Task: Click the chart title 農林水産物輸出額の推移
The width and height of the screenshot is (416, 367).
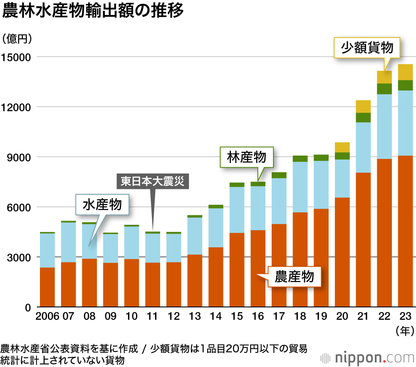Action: [92, 11]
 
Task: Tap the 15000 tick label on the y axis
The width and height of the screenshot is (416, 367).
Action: [16, 57]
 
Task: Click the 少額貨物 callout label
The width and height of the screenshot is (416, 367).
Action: [367, 48]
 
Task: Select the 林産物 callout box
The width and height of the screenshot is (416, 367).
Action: [247, 157]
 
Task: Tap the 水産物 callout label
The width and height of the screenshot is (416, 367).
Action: [102, 205]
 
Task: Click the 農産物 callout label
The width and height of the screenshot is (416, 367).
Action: [294, 276]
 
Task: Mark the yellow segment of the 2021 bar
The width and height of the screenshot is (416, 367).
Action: [363, 106]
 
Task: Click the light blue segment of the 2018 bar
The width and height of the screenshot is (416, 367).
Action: [300, 187]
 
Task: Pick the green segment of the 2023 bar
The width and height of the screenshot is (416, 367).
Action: [405, 85]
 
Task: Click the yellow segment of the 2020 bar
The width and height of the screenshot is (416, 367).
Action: [342, 147]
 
